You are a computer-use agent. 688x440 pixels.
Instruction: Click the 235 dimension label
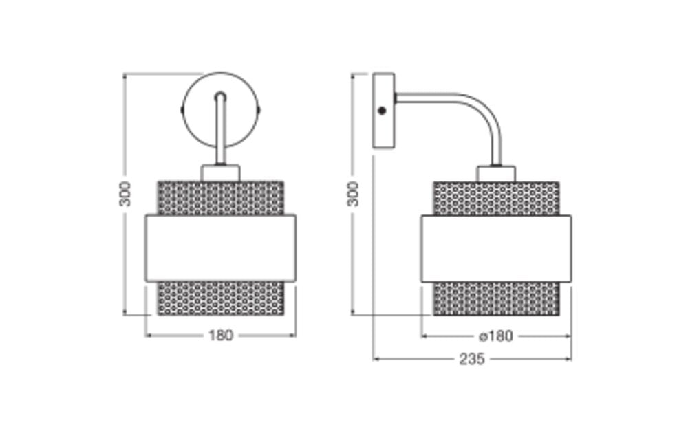pyautogui.click(x=472, y=360)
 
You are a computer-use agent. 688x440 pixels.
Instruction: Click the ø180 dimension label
pyautogui.click(x=496, y=336)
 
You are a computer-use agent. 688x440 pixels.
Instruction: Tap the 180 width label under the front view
pyautogui.click(x=220, y=335)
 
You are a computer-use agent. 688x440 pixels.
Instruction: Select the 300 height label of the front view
pyautogui.click(x=125, y=194)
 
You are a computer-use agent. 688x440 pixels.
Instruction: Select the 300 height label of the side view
pyautogui.click(x=353, y=194)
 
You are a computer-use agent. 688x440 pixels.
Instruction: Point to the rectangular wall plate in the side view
pyautogui.click(x=383, y=110)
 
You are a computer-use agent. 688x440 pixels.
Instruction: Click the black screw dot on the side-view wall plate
pyautogui.click(x=382, y=111)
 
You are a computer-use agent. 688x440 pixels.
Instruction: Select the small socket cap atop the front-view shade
pyautogui.click(x=220, y=173)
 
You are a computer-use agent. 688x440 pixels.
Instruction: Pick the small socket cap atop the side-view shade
pyautogui.click(x=496, y=173)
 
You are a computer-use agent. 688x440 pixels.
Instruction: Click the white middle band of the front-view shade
pyautogui.click(x=220, y=248)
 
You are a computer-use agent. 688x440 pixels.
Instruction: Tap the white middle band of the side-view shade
pyautogui.click(x=496, y=248)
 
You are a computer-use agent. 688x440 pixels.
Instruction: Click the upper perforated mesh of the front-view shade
pyautogui.click(x=220, y=198)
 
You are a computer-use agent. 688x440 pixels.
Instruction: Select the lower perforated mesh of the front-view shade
pyautogui.click(x=220, y=298)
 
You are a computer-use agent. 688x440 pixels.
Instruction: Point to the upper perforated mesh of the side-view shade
pyautogui.click(x=496, y=199)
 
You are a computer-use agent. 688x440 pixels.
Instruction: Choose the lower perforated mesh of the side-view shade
pyautogui.click(x=496, y=298)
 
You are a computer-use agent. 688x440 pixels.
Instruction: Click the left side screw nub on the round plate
pyautogui.click(x=182, y=109)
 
